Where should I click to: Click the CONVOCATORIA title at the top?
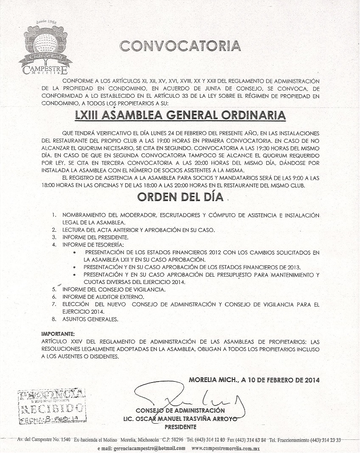click(179, 46)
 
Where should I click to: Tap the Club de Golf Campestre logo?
click(45, 49)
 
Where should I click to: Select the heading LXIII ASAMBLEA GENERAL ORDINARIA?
click(180, 115)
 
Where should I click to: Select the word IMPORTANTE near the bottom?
click(58, 334)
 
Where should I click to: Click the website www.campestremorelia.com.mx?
click(225, 448)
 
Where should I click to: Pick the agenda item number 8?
click(54, 319)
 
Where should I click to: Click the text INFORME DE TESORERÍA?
click(93, 245)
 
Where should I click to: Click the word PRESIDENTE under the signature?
click(180, 426)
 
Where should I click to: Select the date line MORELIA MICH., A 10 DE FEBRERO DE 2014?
click(254, 380)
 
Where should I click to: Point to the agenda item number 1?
click(54, 215)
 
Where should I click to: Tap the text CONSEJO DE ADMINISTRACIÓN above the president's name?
click(180, 411)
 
